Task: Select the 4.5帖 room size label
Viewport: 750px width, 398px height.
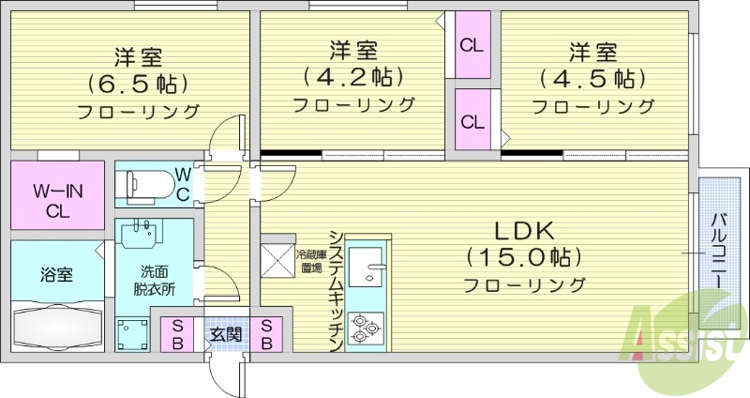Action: pos(592,77)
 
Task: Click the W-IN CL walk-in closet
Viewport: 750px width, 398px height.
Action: pos(58,200)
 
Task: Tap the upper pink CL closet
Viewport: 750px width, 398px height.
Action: pos(472,44)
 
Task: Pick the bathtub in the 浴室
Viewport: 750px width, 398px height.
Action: pos(58,328)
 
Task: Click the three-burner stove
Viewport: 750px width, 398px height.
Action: pos(365,329)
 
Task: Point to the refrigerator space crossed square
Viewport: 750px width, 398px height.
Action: pos(278,261)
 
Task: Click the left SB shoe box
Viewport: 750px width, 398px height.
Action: pos(177,333)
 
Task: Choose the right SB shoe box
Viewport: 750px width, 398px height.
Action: pos(267,333)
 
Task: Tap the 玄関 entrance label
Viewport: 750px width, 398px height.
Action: pos(222,333)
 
